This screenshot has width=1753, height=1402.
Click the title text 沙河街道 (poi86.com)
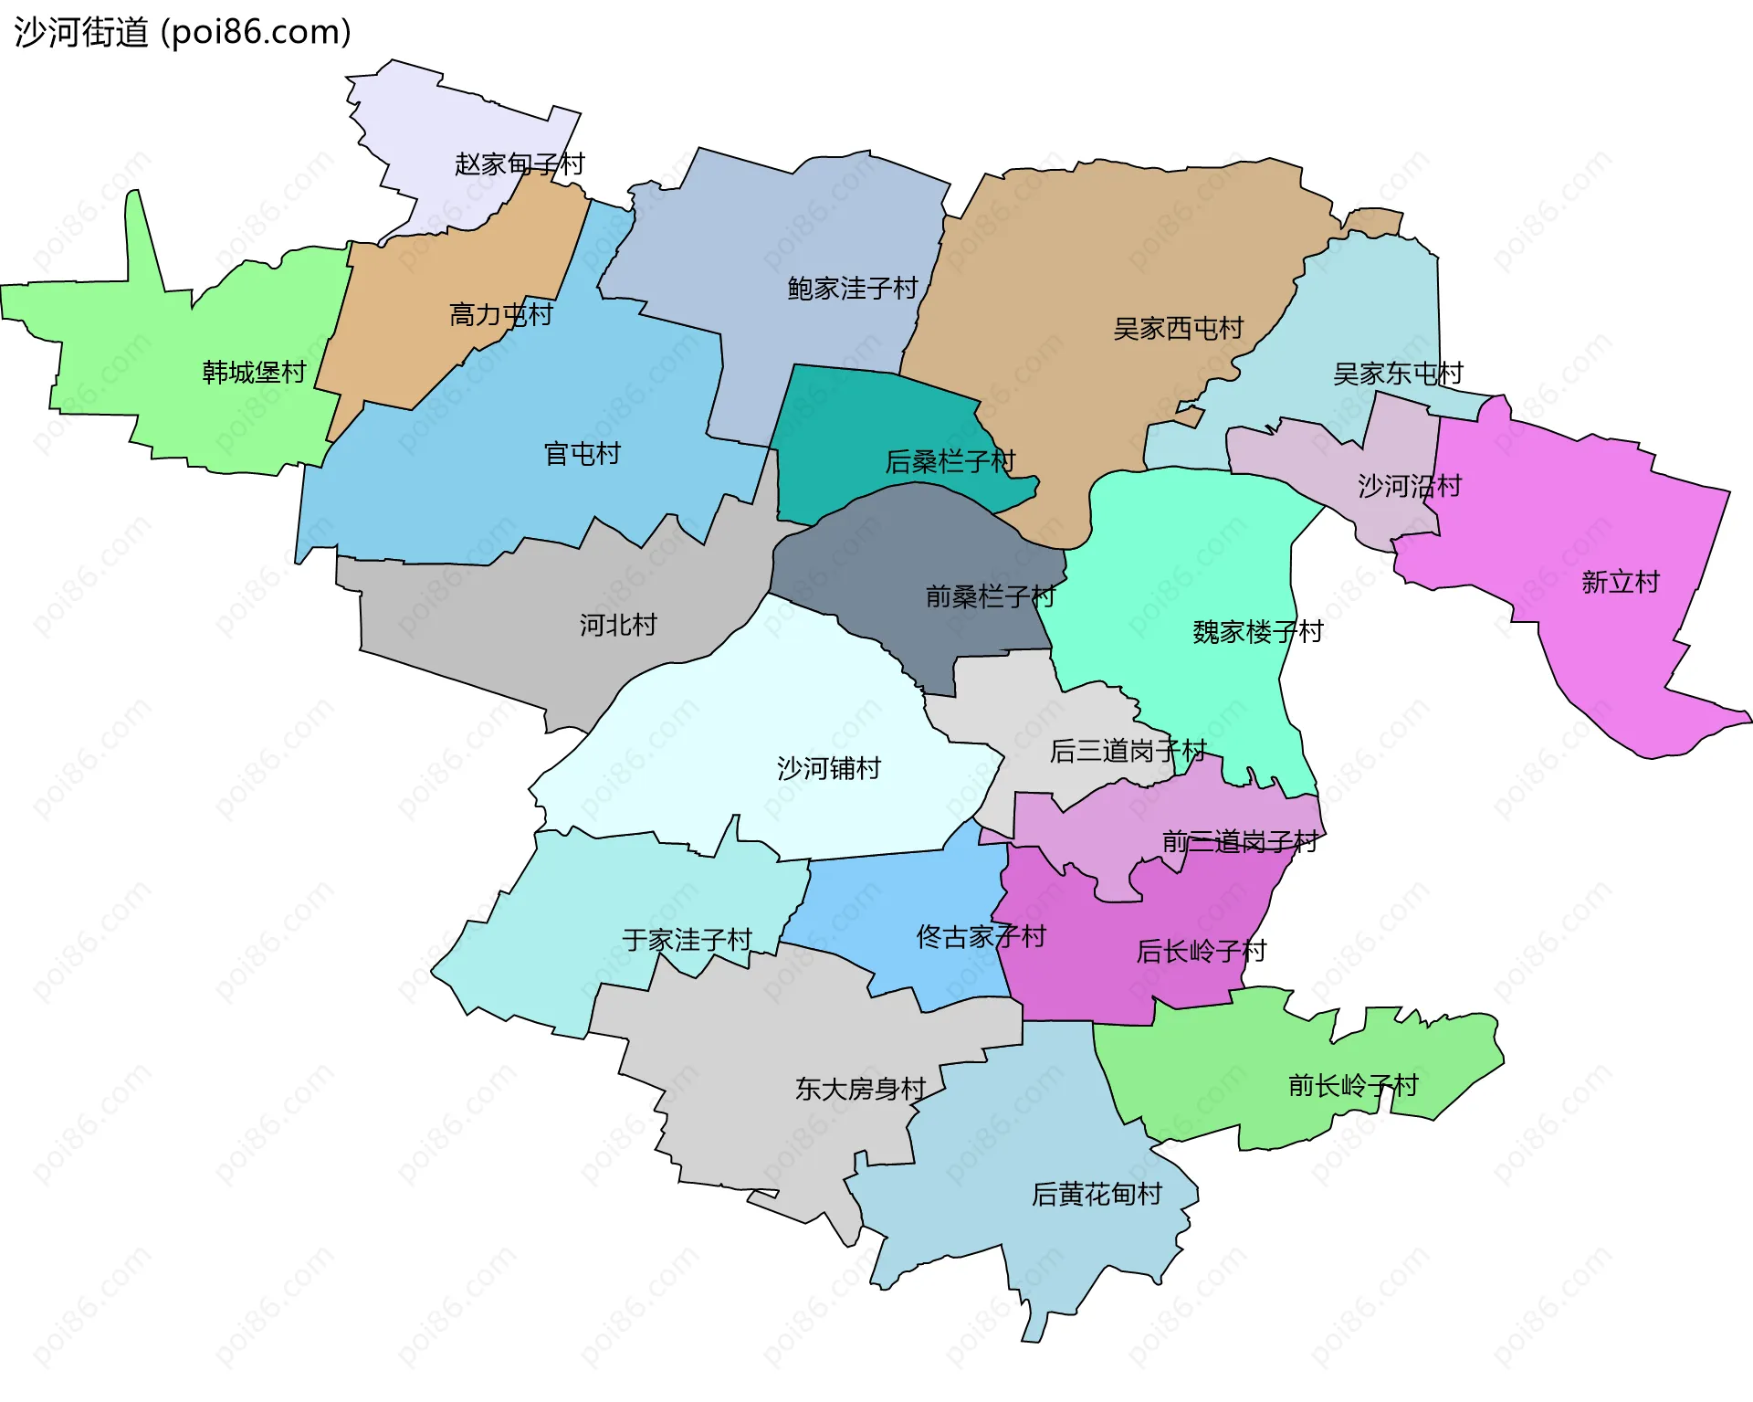tap(183, 33)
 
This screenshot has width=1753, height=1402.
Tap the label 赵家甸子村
tap(520, 164)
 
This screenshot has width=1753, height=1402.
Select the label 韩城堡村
tap(254, 373)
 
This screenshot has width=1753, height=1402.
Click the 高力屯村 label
tap(501, 315)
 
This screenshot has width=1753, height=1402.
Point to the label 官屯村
tap(582, 454)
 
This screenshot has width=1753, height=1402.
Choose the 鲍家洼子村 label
tap(852, 289)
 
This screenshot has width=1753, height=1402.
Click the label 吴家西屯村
tap(1178, 329)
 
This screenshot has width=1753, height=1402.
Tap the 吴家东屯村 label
tap(1397, 374)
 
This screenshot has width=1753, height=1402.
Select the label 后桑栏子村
tap(950, 462)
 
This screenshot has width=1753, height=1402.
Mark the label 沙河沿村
tap(1409, 486)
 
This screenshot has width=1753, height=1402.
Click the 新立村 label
tap(1620, 583)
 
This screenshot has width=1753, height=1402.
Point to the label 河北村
tap(618, 626)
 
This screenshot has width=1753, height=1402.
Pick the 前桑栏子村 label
tap(990, 597)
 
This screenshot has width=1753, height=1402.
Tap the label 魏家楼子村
tap(1257, 632)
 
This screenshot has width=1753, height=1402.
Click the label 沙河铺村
tap(828, 769)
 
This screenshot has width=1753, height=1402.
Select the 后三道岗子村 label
tap(1128, 752)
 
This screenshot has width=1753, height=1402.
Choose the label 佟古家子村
tap(981, 937)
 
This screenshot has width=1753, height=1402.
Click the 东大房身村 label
tap(860, 1090)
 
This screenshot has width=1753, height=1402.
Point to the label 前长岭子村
tap(1352, 1086)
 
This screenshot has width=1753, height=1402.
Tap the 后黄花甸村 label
tap(1096, 1195)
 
